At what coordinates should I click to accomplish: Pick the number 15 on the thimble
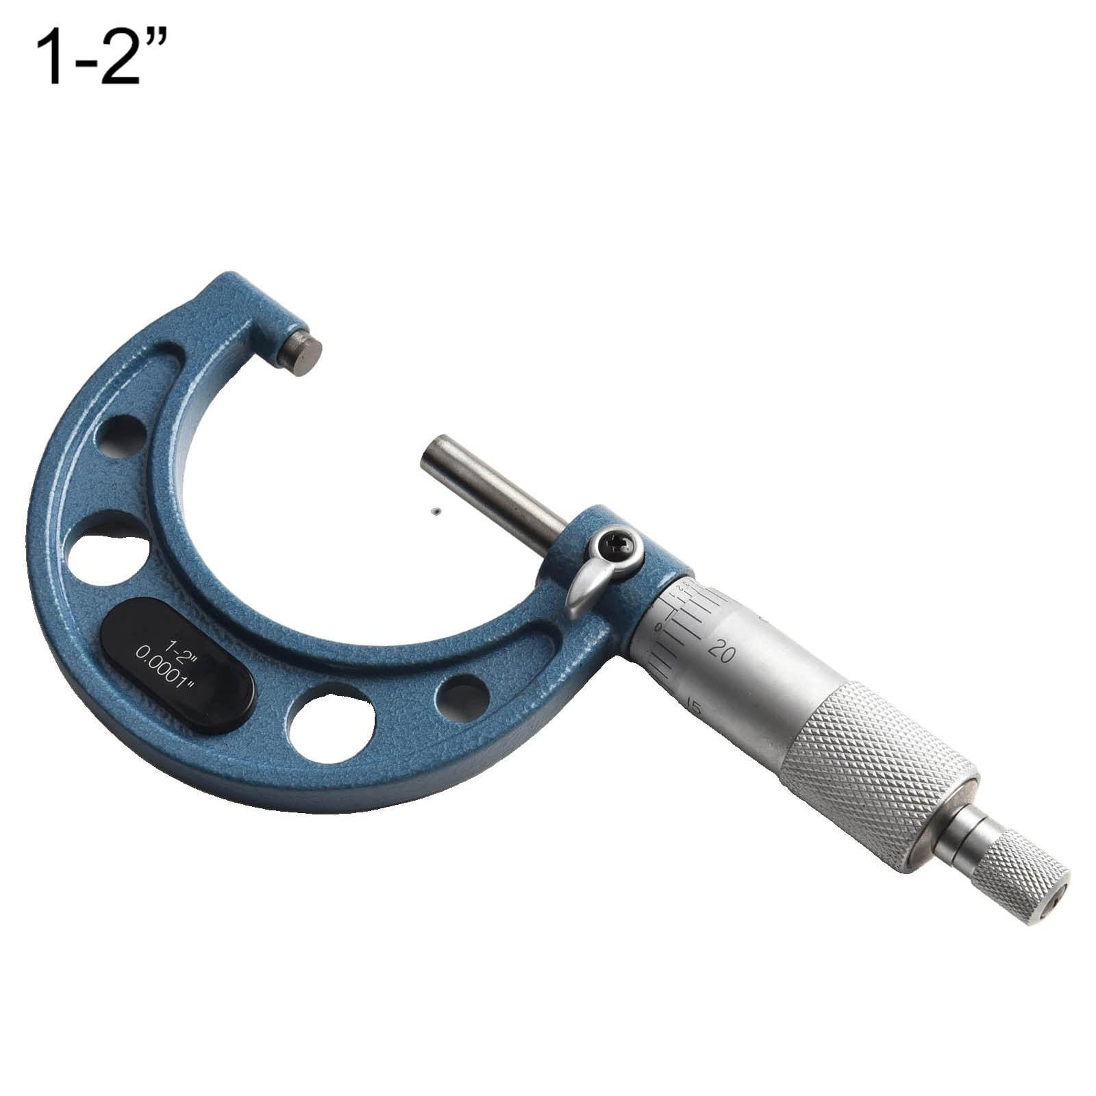coord(693,706)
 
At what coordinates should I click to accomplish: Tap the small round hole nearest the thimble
coord(463,698)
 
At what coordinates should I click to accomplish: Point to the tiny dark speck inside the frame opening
coord(435,510)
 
